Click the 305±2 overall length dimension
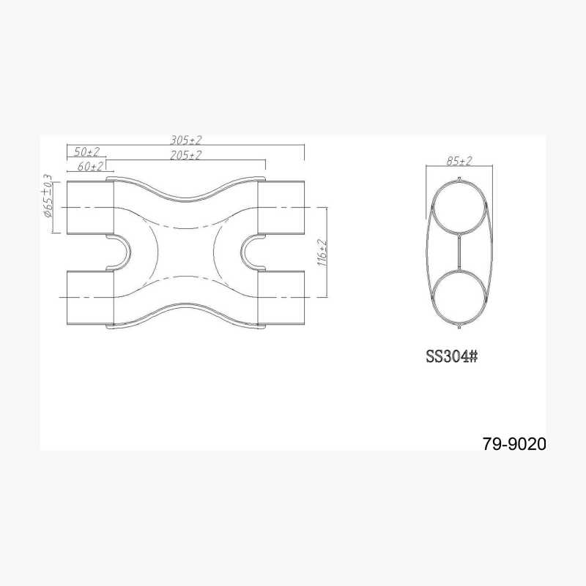[186, 140]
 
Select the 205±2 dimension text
[186, 154]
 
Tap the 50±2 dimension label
[87, 151]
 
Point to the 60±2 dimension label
[90, 166]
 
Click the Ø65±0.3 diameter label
[48, 195]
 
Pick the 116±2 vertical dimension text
[322, 252]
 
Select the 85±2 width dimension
[459, 161]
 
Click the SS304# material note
[452, 356]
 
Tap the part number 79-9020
[514, 444]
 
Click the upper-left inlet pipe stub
[90, 208]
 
